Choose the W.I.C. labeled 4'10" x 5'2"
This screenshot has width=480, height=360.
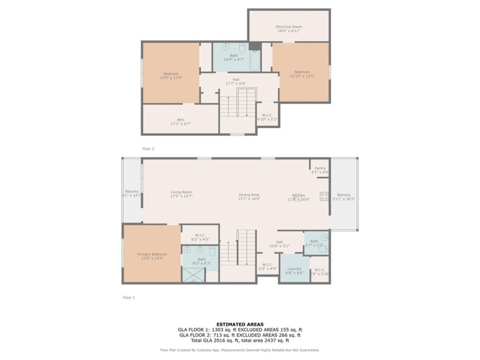(x=267, y=117)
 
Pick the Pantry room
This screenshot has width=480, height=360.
(x=319, y=169)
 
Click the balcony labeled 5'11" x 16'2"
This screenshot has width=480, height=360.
(x=344, y=195)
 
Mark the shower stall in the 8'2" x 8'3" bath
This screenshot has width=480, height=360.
(x=193, y=274)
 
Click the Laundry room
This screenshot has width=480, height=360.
(x=295, y=269)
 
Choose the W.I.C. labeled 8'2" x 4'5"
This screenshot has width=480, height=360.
(x=199, y=236)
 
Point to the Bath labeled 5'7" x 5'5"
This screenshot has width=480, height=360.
(x=315, y=242)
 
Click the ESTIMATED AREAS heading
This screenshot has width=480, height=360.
(x=239, y=324)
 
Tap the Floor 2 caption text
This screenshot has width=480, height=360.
(x=148, y=149)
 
